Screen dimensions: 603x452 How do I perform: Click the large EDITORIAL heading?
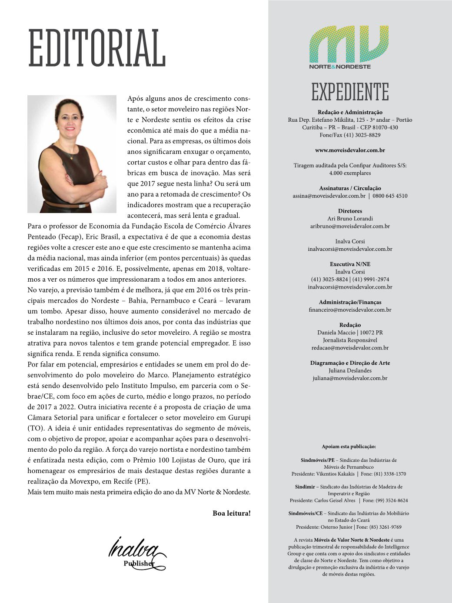point(96,48)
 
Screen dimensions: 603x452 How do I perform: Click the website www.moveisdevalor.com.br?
point(350,150)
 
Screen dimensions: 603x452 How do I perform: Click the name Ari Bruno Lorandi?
point(350,219)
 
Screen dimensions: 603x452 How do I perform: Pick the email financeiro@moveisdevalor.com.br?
point(350,310)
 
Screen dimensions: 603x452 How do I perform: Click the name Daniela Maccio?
point(336,333)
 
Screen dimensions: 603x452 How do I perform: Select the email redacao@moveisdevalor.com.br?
point(350,348)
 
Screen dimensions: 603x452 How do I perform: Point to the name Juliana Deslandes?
point(350,371)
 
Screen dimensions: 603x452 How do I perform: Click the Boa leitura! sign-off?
point(231,513)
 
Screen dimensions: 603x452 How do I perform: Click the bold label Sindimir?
point(304,487)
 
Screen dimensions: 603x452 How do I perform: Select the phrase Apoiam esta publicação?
point(349,446)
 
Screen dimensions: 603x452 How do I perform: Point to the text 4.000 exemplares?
point(350,173)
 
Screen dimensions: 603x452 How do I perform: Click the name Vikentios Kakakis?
point(335,474)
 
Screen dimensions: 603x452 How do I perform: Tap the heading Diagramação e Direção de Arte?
point(350,363)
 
